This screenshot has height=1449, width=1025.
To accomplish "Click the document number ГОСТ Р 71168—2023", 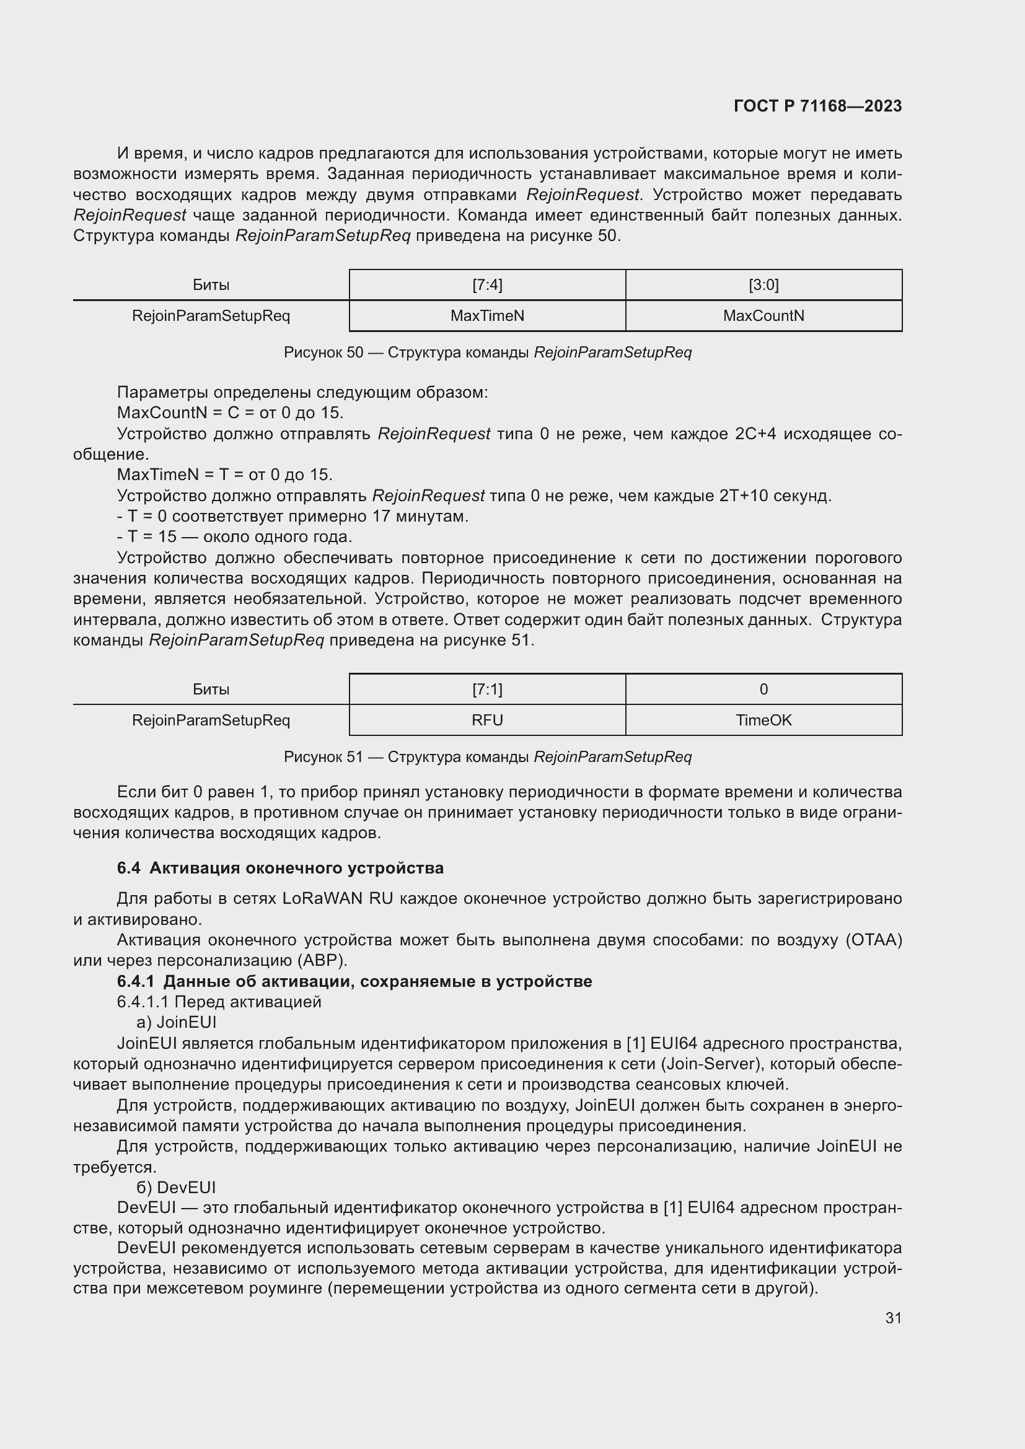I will click(817, 106).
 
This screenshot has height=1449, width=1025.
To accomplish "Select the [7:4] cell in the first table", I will click(486, 285).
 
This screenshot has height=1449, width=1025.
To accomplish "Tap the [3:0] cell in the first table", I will click(763, 285).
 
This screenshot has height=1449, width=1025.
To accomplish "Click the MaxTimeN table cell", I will click(486, 315).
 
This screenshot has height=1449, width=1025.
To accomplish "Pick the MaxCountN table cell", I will click(763, 315).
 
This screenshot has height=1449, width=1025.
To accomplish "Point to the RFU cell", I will click(486, 720).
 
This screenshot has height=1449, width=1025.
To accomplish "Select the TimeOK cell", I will click(763, 720).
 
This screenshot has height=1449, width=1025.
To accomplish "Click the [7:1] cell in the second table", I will click(486, 689).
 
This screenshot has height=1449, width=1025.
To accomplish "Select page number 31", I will click(893, 1318).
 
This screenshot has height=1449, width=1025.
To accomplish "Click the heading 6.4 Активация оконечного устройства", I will click(279, 868).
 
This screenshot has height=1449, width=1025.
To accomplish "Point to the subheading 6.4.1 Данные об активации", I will click(354, 981).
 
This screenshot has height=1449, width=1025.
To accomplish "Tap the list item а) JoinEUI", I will click(176, 1022).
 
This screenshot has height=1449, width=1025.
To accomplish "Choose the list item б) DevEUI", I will click(176, 1187).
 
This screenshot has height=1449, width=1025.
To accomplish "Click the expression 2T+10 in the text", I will click(743, 496).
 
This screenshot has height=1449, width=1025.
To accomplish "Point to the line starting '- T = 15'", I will click(234, 537).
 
